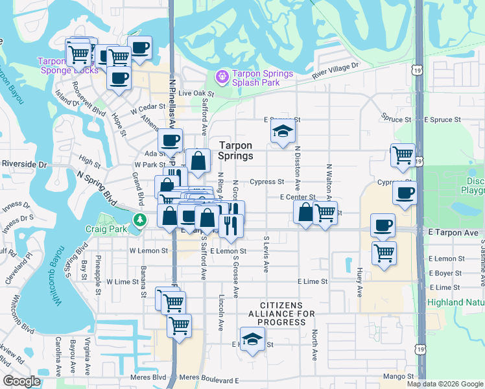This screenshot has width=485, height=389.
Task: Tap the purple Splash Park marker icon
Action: [222, 77]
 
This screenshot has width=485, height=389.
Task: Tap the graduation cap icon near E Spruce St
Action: [283, 132]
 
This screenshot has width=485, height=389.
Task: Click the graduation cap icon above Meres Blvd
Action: [252, 338]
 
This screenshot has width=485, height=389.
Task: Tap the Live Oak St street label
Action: [196, 93]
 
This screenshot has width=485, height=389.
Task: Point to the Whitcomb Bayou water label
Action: [59, 276]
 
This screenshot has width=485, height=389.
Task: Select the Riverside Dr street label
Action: [25, 165]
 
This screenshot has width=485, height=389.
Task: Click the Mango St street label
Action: [398, 376]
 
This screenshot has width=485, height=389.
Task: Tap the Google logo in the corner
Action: [21, 381]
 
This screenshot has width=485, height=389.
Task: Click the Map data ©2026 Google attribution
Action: [445, 384]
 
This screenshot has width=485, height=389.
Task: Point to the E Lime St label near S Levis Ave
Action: [313, 282]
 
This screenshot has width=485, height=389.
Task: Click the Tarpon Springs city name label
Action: [235, 150]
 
